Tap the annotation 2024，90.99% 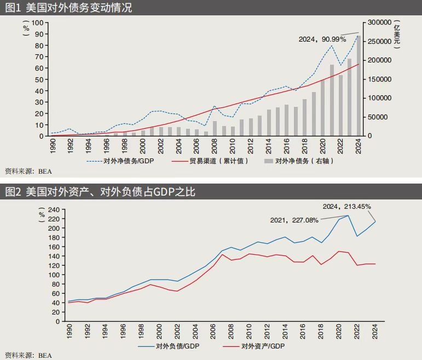pyautogui.click(x=322, y=39)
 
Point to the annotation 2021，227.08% pyautogui.click(x=294, y=220)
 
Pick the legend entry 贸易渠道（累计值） pyautogui.click(x=210, y=161)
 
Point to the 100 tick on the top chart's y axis pyautogui.click(x=38, y=22)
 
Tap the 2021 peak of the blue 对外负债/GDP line pyautogui.click(x=348, y=215)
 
